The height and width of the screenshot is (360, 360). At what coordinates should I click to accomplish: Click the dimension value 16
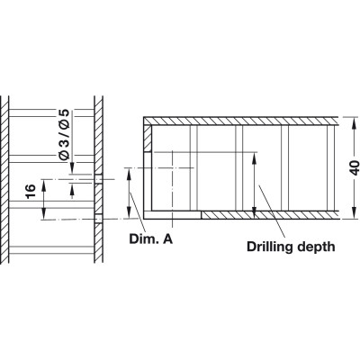[x=31, y=192]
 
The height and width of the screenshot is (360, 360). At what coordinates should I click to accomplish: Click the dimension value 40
[x=355, y=168]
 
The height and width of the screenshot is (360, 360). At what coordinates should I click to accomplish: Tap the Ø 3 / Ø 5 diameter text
[x=64, y=135]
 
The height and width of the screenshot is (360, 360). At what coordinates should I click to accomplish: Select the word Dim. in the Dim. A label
[x=142, y=239]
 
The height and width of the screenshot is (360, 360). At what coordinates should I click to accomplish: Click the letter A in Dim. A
[x=167, y=239]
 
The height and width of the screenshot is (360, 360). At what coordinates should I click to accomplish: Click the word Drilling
[x=270, y=247]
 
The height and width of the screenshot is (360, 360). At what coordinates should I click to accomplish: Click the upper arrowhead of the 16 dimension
[x=44, y=186]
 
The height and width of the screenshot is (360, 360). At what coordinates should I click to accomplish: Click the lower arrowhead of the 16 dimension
[x=44, y=213]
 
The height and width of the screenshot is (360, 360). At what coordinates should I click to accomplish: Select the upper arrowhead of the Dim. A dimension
[x=129, y=175]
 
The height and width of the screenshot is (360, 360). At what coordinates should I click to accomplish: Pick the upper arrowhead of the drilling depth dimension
[x=254, y=158]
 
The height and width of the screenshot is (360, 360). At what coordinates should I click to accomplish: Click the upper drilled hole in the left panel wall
[x=98, y=179]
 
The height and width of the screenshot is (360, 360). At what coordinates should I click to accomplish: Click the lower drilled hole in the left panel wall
[x=98, y=219]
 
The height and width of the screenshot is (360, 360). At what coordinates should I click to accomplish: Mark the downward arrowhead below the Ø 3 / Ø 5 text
[x=72, y=167]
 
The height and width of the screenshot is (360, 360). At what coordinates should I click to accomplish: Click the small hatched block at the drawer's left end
[x=148, y=139]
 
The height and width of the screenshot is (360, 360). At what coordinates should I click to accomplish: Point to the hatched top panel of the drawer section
[x=241, y=121]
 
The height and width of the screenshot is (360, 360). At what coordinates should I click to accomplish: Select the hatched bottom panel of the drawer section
[x=269, y=215]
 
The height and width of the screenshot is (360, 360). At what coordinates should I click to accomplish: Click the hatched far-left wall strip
[x=4, y=179]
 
